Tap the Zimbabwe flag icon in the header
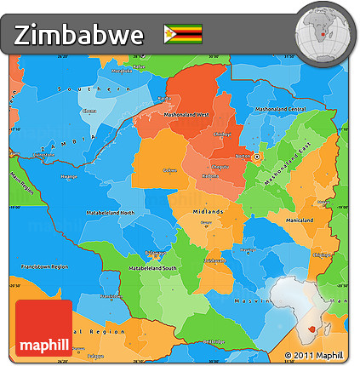[183, 34]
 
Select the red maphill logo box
[43, 327]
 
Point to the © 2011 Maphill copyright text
[314, 355]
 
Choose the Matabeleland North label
[110, 212]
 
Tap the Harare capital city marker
[256, 156]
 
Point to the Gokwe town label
[169, 170]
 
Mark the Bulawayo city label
[155, 254]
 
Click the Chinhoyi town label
[222, 134]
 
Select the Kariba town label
[163, 99]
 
